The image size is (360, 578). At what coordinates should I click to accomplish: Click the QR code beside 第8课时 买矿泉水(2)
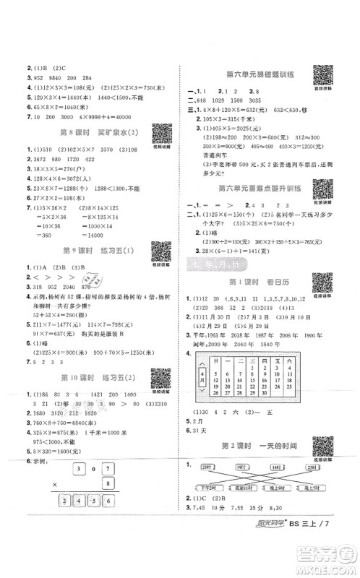click(160, 135)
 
